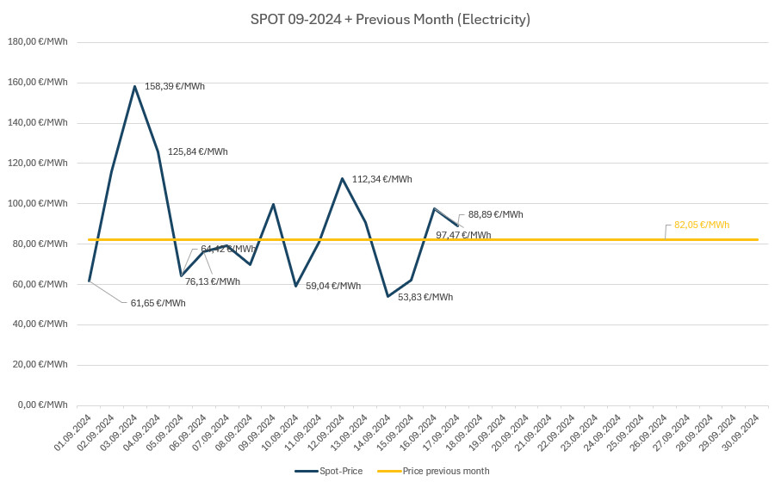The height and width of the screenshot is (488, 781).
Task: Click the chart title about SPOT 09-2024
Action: tap(390, 19)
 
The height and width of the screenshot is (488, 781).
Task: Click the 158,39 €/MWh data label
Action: tap(175, 86)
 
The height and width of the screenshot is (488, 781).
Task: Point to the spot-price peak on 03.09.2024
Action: tap(135, 86)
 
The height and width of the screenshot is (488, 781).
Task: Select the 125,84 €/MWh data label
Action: tap(198, 151)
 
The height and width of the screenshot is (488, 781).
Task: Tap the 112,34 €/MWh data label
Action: tap(381, 179)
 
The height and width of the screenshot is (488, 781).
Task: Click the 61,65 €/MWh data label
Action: tap(158, 303)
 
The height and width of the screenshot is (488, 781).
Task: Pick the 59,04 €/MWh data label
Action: tap(333, 286)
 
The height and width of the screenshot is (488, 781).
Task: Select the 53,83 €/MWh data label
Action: tap(425, 297)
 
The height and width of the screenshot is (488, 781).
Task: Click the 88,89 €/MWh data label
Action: tap(495, 214)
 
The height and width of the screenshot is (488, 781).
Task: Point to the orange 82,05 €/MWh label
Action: tap(702, 225)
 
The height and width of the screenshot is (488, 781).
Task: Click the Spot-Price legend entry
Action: tap(330, 471)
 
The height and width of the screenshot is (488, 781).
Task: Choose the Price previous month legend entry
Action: tap(434, 471)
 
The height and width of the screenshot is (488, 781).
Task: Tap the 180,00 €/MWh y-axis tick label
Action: tap(37, 41)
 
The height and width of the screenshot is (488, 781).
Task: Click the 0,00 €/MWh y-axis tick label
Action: tap(41, 405)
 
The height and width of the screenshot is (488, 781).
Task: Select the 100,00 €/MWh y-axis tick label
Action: tap(37, 203)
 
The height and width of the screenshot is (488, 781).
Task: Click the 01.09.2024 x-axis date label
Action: tap(73, 433)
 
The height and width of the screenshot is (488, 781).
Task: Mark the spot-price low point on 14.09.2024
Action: tap(388, 296)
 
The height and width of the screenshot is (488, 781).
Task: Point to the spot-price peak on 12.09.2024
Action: tap(342, 179)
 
